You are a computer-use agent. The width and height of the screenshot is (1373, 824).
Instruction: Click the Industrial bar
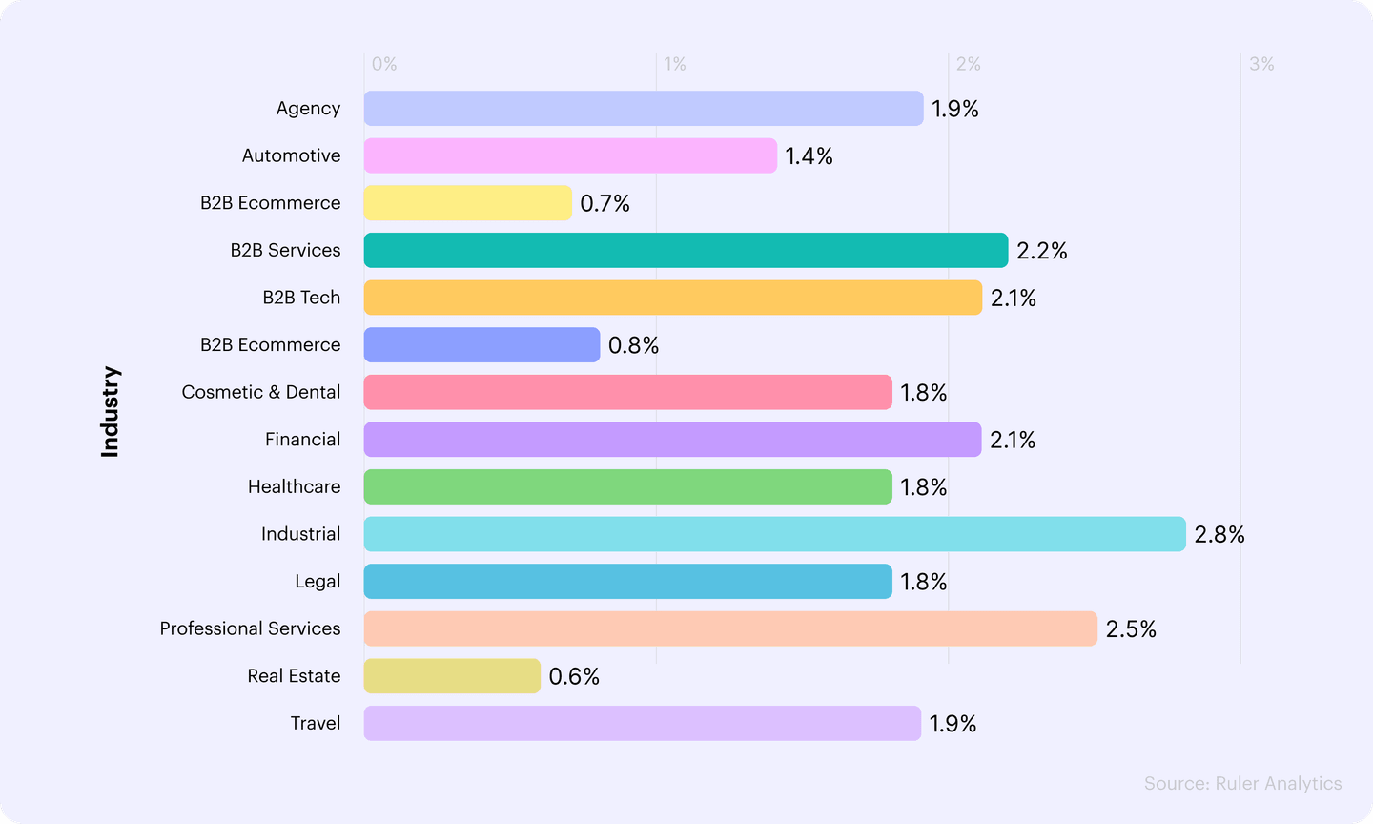774,534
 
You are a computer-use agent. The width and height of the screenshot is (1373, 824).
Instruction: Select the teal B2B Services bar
686,250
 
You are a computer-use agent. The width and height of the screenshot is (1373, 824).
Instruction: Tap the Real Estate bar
452,676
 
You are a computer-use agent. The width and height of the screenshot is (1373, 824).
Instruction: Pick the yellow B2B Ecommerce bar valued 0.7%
467,203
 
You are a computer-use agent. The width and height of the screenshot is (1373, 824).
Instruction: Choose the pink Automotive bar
570,155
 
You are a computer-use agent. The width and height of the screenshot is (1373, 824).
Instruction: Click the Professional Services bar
730,628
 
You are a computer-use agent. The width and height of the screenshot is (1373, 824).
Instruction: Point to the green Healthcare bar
627,486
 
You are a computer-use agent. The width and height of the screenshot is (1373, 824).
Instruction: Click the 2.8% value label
1219,535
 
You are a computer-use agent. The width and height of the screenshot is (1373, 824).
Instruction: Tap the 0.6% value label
574,677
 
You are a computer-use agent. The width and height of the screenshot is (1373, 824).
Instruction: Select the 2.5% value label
1131,629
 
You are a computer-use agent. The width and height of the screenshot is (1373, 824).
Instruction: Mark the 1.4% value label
809,156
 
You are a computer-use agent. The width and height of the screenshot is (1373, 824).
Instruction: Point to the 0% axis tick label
384,64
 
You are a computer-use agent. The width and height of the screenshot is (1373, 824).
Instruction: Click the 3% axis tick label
1261,64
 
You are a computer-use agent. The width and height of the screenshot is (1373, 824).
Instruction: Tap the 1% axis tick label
675,64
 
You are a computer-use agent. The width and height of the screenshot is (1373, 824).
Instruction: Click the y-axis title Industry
111,412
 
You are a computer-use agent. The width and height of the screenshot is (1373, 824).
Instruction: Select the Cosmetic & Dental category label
260,392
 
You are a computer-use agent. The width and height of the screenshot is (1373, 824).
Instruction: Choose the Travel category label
315,723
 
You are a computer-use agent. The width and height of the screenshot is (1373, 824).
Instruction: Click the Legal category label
317,582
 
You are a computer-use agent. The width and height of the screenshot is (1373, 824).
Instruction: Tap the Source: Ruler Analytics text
1242,783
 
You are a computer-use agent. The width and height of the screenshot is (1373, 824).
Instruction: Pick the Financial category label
302,440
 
